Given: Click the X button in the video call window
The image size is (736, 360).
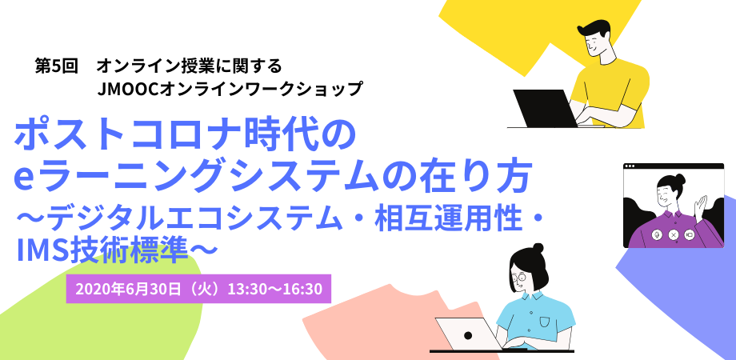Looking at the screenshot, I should (x=674, y=234).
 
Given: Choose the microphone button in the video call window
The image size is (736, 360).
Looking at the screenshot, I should (x=657, y=234).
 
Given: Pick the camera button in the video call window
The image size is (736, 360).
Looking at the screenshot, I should (x=690, y=234).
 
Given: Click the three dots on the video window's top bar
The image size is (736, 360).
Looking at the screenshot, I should (x=631, y=167).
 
